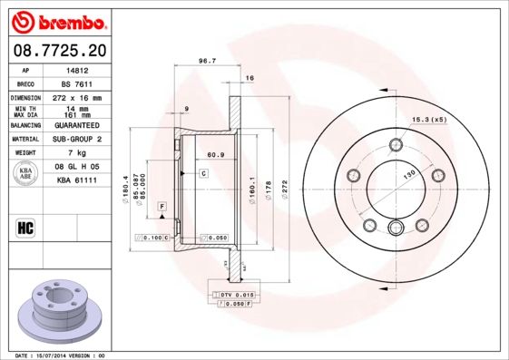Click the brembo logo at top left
[x=58, y=20]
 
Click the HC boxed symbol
[x=26, y=227]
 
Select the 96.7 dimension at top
[x=206, y=62]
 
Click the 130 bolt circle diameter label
[x=409, y=173]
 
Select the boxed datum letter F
[x=161, y=208]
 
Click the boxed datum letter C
[x=204, y=172]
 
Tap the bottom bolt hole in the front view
[x=396, y=229]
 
